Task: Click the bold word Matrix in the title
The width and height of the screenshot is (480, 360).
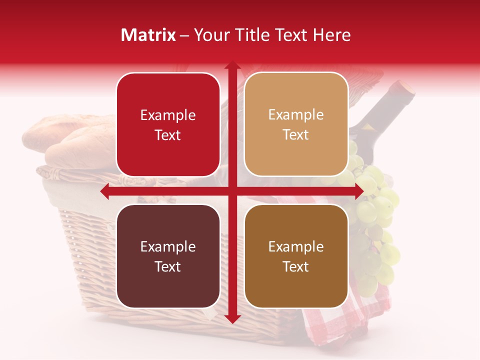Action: (148, 35)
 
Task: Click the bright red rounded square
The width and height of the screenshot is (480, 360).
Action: (168, 124)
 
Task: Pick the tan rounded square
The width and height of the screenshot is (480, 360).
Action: (296, 124)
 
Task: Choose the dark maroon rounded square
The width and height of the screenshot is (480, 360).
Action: (168, 256)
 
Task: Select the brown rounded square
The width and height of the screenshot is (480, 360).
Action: (296, 256)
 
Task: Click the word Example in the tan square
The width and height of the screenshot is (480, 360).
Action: (296, 114)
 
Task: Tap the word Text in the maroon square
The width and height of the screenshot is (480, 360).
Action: (168, 266)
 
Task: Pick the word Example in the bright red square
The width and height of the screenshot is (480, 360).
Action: (168, 115)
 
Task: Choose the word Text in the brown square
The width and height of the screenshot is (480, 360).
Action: (296, 266)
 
